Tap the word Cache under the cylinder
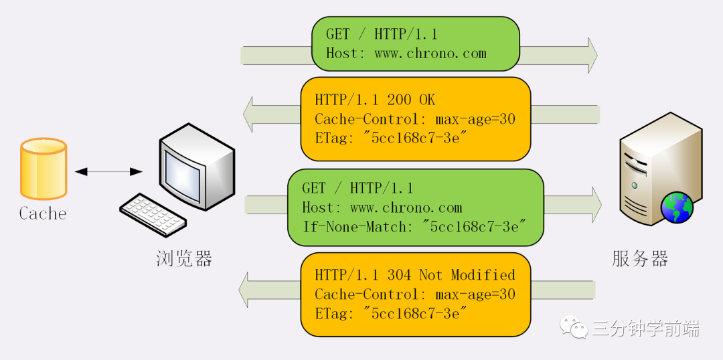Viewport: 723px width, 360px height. (43, 214)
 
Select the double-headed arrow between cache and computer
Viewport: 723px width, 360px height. (108, 172)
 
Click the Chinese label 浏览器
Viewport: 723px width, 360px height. (184, 258)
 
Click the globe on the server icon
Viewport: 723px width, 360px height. (677, 207)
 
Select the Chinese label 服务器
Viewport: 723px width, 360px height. (640, 259)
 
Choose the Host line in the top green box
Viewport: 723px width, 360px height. (406, 54)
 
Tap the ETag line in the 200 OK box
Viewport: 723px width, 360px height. (391, 139)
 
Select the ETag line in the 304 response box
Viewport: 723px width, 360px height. (391, 314)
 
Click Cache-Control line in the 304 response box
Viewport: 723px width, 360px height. (415, 294)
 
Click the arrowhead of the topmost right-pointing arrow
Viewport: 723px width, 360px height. (591, 56)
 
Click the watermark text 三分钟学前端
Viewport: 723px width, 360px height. (645, 329)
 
